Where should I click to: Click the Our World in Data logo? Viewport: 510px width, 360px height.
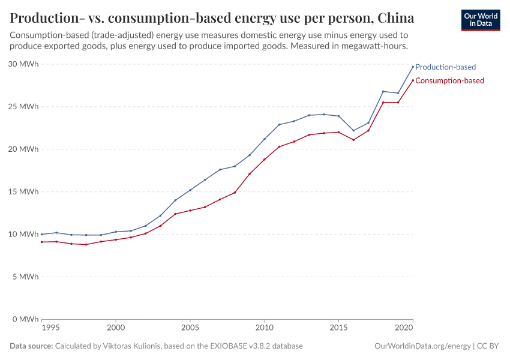pos(480,20)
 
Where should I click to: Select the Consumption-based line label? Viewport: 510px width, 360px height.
pos(449,80)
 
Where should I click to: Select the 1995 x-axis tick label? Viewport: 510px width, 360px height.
pos(50,329)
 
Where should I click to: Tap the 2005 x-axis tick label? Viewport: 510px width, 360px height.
pos(190,329)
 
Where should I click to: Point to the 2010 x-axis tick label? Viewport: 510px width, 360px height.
pos(264,329)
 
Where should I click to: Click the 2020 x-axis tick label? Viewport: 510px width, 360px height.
pos(404,329)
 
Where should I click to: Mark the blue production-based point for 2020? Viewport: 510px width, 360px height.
pos(413,66)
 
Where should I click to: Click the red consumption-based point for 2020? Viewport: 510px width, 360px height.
pos(413,80)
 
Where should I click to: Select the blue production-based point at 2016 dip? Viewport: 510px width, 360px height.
pos(353,130)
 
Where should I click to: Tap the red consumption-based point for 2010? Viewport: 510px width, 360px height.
pos(264,160)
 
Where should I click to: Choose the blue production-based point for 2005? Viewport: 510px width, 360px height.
pos(190,190)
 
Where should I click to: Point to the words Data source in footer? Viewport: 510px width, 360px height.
pos(31,346)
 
